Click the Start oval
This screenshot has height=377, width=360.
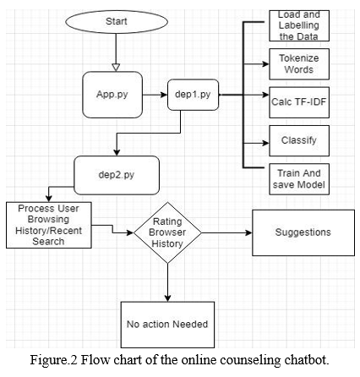(117, 22)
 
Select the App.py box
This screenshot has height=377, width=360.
(112, 95)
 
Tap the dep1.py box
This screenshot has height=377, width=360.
(193, 95)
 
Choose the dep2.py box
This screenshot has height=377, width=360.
(117, 175)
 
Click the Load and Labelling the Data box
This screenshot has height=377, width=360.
(299, 25)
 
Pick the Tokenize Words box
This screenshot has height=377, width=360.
(299, 64)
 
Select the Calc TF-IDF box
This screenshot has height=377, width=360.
(299, 102)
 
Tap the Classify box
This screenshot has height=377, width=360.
(299, 140)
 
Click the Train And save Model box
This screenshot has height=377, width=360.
(299, 179)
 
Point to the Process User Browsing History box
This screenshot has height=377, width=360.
(49, 225)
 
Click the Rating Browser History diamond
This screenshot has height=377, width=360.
(167, 232)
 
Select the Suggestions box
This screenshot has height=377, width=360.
(303, 232)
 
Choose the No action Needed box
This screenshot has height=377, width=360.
(167, 325)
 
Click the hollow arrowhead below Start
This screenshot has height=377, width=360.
(116, 68)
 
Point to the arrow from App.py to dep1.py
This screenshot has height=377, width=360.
(155, 95)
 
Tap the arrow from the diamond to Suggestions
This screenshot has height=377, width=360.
(226, 232)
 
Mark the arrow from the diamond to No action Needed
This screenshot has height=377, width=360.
(167, 282)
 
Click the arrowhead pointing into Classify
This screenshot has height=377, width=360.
(265, 143)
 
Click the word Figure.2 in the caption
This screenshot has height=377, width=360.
(53, 361)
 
